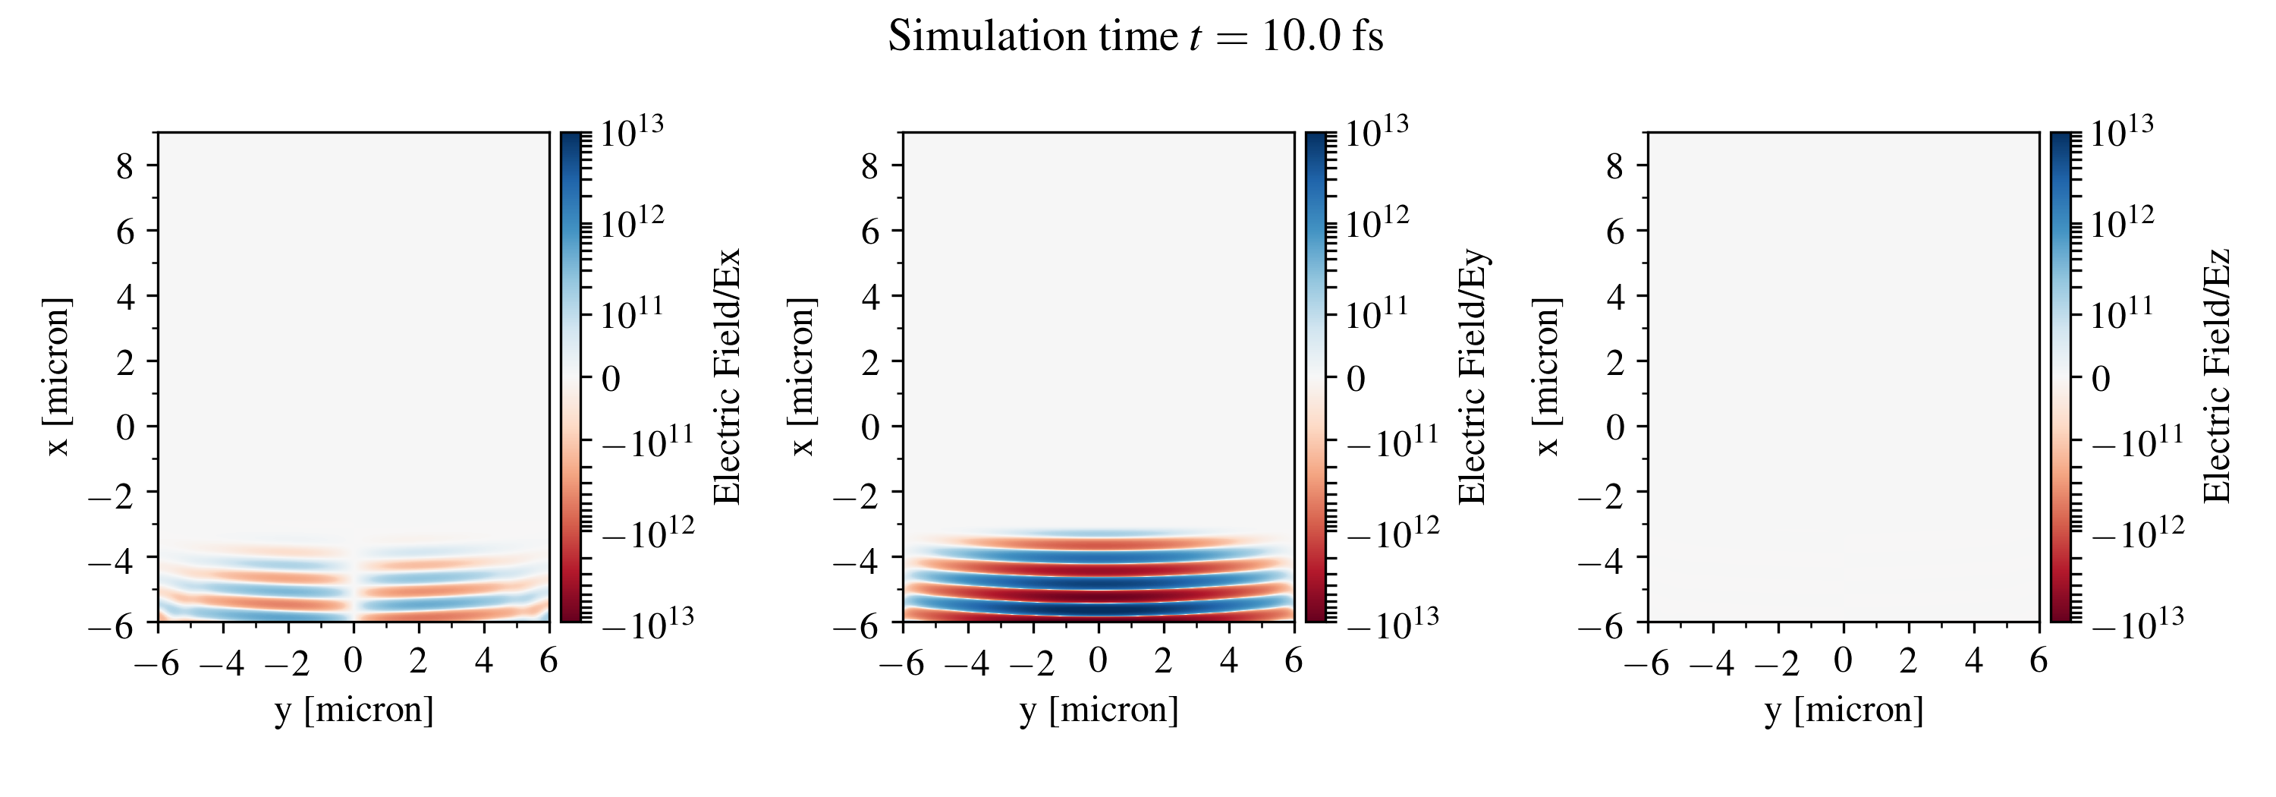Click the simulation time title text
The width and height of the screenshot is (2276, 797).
pos(1136,37)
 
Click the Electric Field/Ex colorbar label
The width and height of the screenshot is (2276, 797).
pos(726,377)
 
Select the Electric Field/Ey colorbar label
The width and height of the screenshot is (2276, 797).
pos(1472,377)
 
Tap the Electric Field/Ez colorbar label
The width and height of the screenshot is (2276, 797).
pos(2217,377)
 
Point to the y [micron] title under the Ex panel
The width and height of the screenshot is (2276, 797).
pos(354,710)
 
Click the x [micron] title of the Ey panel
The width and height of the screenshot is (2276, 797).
pos(802,377)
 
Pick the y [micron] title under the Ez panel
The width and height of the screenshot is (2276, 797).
pos(1844,710)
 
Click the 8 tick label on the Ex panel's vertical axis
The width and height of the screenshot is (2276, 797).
pos(124,166)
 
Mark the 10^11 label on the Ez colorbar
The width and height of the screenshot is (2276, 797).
pos(2121,313)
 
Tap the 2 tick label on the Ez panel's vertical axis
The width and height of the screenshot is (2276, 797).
pos(1615,361)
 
